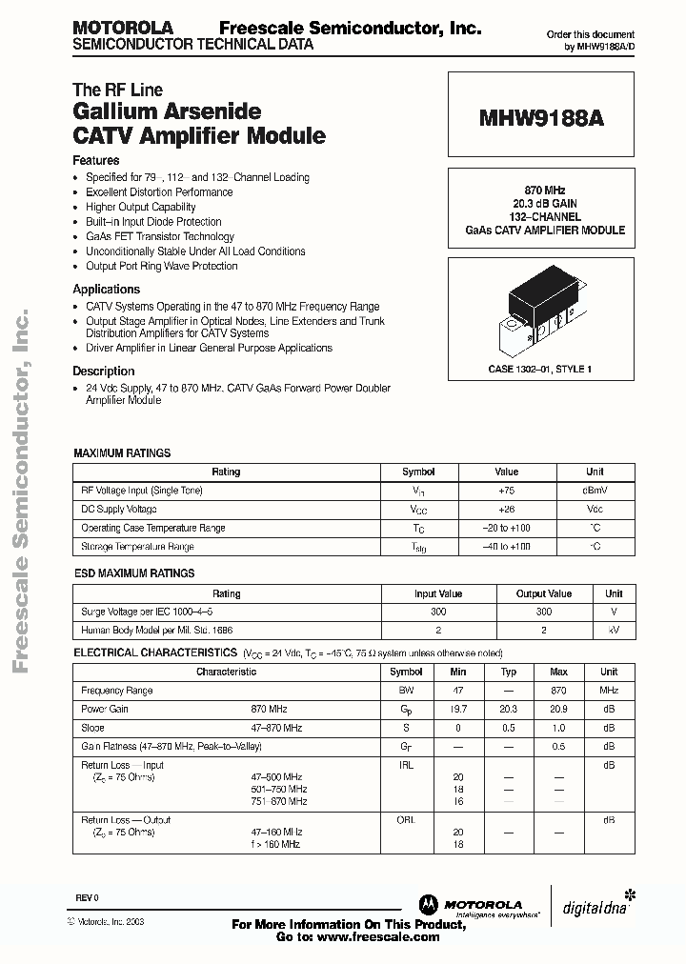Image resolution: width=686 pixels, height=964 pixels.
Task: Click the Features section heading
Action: [x=96, y=161]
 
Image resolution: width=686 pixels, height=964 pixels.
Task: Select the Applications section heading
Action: [x=107, y=290]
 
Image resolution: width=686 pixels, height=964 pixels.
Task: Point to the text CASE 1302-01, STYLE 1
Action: [x=539, y=369]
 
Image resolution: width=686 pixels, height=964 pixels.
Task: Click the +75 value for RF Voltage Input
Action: [x=506, y=491]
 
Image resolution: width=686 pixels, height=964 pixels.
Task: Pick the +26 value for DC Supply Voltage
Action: [x=506, y=510]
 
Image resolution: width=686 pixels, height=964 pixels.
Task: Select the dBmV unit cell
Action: [x=595, y=491]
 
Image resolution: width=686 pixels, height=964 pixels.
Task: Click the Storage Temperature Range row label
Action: [x=137, y=547]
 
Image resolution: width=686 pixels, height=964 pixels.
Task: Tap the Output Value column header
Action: [x=544, y=593]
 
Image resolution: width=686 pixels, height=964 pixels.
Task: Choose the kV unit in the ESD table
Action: [x=614, y=631]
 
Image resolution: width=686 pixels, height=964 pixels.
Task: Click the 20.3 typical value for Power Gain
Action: [x=509, y=710]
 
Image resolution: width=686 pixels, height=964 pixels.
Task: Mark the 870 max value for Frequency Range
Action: [x=558, y=691]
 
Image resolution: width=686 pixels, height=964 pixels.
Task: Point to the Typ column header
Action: [x=509, y=672]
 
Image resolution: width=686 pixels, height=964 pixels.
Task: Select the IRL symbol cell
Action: [x=406, y=765]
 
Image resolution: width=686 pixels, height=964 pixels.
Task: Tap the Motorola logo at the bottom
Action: [x=471, y=904]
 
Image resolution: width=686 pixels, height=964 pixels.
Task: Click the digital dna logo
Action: [x=590, y=904]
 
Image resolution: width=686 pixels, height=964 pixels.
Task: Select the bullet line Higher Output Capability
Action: [x=140, y=207]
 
